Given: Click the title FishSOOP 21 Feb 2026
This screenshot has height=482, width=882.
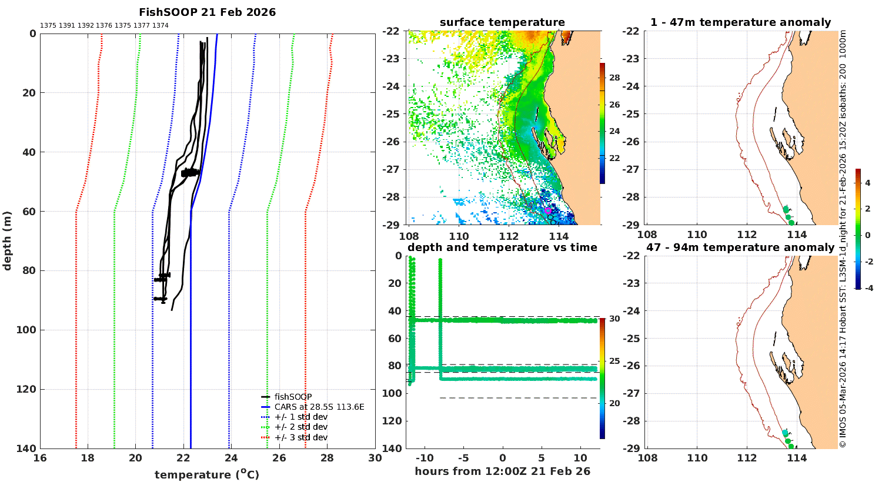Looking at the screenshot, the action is (207, 12).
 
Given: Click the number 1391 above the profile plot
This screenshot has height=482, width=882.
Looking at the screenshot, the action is (67, 26).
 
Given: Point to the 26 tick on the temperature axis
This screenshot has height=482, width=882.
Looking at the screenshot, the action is (279, 458).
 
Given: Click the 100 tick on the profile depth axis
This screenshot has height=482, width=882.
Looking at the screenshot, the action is (26, 330).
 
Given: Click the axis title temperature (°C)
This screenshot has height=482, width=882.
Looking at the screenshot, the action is (207, 474).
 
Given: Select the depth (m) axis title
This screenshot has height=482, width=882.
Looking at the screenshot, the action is (7, 241).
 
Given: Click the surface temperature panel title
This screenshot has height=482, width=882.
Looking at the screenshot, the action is (502, 22).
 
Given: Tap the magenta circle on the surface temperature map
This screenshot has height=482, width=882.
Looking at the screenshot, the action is (547, 210).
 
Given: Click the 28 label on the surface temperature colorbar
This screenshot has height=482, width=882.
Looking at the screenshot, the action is (614, 78).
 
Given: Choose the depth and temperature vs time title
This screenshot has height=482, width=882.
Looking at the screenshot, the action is (502, 247).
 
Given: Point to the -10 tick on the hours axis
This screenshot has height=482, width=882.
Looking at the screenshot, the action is (425, 458).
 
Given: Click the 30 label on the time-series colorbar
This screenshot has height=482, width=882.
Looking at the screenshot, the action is (614, 319).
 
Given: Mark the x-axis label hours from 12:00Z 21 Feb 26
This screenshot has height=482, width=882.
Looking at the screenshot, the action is (502, 471).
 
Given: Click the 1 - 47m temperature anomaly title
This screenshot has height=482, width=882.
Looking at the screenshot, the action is (741, 22).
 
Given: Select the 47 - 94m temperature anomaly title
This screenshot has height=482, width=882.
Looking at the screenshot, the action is (741, 247).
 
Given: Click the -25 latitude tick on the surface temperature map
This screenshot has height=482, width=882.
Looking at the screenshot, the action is (390, 114).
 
